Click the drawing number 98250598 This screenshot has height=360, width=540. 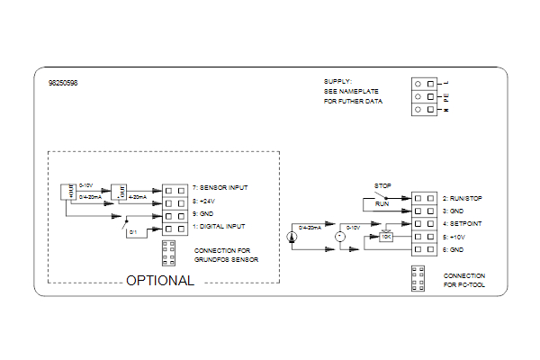click(x=62, y=83)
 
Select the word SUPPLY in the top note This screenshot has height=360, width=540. click(x=338, y=81)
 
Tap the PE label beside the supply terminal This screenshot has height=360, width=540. click(x=445, y=94)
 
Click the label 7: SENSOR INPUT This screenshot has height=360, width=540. click(x=220, y=188)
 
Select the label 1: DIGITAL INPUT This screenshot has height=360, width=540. click(x=220, y=226)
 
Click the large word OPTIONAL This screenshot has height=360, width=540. click(x=159, y=280)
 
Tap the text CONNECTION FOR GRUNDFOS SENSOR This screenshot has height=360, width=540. click(x=225, y=255)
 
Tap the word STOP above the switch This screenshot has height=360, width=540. click(x=382, y=186)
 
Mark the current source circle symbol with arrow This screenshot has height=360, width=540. click(x=292, y=238)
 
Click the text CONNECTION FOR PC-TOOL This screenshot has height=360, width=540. click(x=463, y=280)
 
